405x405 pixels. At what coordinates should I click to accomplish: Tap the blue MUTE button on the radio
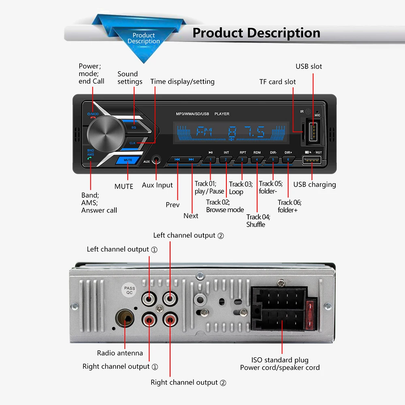(128, 160)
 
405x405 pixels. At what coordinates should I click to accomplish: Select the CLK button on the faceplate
(133, 143)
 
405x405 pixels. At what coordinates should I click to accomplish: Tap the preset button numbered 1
(211, 160)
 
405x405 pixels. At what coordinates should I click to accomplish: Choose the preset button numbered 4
(257, 160)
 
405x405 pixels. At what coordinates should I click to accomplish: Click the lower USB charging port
(312, 161)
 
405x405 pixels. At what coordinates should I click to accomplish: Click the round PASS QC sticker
(130, 290)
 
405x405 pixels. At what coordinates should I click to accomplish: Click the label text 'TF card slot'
(277, 82)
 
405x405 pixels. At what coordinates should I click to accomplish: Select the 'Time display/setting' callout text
(182, 81)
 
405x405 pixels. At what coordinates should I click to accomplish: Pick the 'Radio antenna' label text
(120, 353)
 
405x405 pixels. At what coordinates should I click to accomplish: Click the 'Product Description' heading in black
(256, 33)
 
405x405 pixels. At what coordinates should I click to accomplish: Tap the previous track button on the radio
(177, 160)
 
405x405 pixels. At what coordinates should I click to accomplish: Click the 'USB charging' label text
(315, 185)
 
